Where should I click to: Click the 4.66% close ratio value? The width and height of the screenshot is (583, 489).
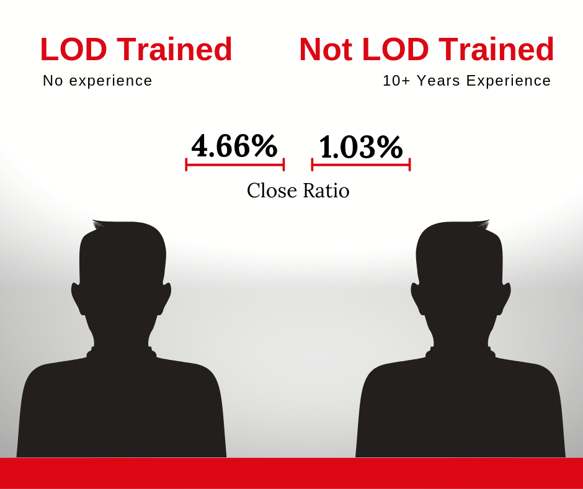[234, 146]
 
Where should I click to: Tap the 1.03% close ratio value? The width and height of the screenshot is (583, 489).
[361, 147]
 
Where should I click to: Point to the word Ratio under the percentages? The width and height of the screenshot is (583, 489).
[326, 191]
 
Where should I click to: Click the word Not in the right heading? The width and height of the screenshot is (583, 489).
[326, 49]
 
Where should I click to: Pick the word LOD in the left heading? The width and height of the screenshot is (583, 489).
[74, 49]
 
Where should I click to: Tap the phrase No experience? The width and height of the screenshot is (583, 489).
[97, 81]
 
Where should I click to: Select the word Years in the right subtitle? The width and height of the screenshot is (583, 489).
[438, 81]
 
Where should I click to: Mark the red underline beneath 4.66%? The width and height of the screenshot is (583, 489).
[235, 164]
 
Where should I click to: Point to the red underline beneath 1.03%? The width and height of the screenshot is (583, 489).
[361, 164]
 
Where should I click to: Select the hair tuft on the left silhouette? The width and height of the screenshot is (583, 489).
[99, 224]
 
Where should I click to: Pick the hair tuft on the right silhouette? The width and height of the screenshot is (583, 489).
[483, 224]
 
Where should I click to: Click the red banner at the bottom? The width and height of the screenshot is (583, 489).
[291, 473]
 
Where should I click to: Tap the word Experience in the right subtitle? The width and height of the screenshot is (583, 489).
[509, 81]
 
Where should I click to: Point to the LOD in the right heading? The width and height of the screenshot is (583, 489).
[395, 49]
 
